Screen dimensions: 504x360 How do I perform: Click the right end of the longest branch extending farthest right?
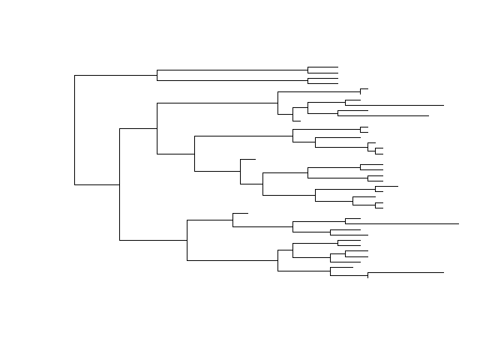point(458,223)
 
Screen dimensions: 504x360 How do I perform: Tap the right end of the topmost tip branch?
point(338,67)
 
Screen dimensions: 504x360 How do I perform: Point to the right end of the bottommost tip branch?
point(443,273)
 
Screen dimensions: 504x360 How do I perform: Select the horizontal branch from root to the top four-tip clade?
point(115,75)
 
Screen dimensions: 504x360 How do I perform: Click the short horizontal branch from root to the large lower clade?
point(97,184)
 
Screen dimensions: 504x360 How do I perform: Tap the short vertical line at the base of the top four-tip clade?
point(157,75)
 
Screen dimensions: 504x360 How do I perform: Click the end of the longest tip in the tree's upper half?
point(443,106)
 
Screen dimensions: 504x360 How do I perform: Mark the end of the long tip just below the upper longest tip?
point(428,116)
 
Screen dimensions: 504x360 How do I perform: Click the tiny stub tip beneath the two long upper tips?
point(300,120)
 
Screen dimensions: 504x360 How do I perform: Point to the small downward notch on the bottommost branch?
point(367,276)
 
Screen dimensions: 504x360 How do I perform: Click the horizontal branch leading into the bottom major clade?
point(153,240)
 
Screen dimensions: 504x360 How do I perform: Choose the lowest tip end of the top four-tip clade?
point(338,82)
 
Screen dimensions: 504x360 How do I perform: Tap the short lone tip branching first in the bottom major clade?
point(247,214)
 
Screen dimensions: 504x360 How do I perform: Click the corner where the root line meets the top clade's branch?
point(74,75)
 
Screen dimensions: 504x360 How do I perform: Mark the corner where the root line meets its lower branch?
point(74,184)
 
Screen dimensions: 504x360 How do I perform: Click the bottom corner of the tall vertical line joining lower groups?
point(119,240)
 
